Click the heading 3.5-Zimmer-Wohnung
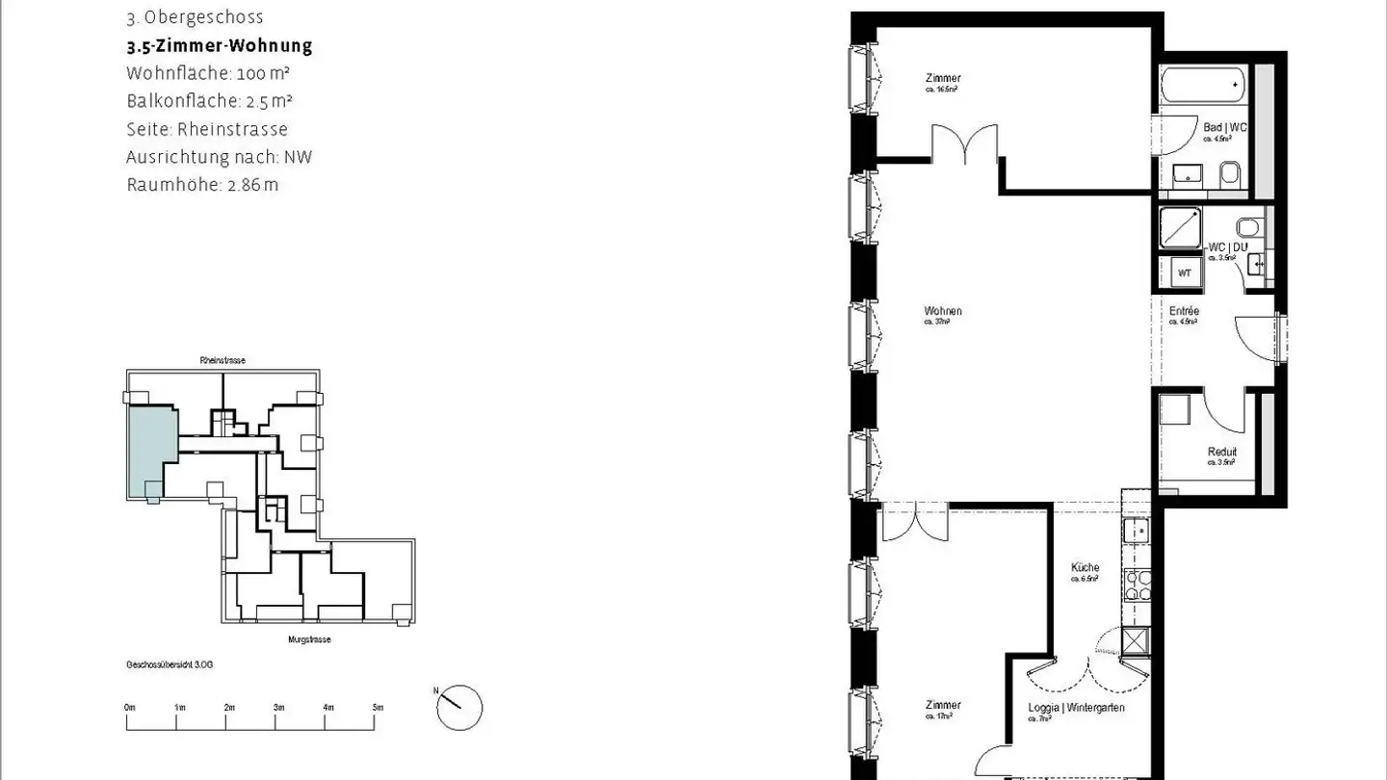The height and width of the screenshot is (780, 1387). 219,46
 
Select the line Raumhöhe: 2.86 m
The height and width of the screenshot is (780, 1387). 202,185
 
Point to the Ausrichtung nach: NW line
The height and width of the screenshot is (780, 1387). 219,157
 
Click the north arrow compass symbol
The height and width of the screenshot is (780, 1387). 459,709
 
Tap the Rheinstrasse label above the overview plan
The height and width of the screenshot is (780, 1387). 222,360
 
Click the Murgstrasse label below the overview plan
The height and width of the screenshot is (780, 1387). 309,639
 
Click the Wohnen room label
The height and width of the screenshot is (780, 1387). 943,311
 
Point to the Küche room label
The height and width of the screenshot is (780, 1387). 1085,568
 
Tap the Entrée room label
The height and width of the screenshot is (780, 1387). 1184,312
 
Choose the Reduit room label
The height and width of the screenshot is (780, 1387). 1222,453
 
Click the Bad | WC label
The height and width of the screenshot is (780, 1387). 1223,128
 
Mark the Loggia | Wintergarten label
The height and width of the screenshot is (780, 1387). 1076,708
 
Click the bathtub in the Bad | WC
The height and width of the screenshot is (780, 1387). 1203,87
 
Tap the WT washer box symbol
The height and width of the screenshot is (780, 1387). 1184,273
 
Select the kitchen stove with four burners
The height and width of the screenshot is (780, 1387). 1138,585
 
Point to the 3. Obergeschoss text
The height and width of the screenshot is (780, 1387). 195,17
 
